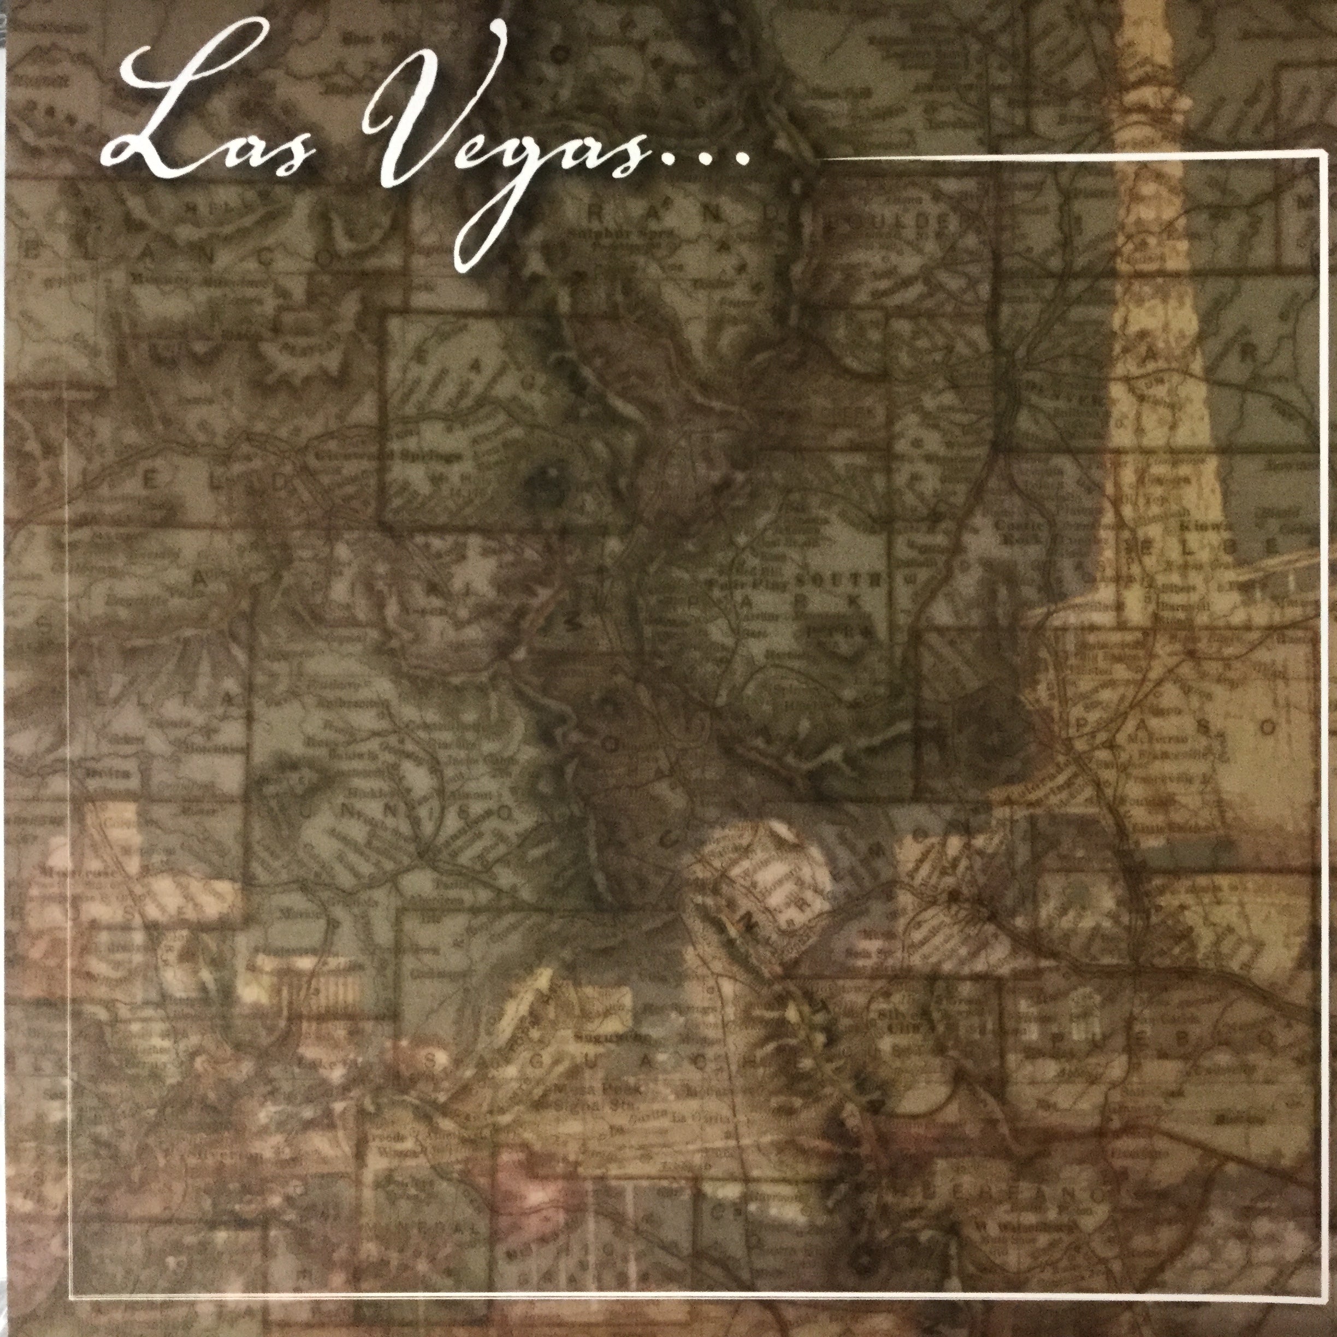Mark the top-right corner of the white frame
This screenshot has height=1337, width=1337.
pos(1319,158)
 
